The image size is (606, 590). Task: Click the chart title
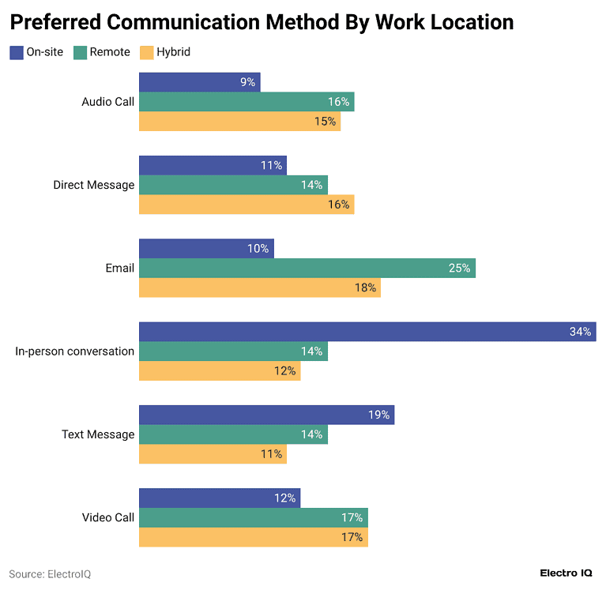[262, 22]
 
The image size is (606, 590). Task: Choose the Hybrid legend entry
[165, 52]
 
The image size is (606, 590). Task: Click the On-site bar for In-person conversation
[367, 332]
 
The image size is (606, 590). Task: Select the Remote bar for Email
[307, 269]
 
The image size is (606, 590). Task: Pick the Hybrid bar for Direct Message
[246, 205]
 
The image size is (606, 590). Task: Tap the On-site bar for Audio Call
[199, 82]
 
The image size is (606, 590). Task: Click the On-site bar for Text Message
[266, 415]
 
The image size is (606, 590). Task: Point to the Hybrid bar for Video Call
[253, 537]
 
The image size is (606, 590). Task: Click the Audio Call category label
[108, 102]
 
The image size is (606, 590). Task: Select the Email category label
[119, 269]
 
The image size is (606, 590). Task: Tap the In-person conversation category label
[75, 351]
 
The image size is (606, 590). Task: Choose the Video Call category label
[108, 518]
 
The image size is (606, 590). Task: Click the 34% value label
[580, 332]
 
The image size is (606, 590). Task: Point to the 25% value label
[459, 269]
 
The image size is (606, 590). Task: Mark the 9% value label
[247, 82]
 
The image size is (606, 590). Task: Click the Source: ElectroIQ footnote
[50, 574]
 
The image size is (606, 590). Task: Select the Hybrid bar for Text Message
[213, 454]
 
